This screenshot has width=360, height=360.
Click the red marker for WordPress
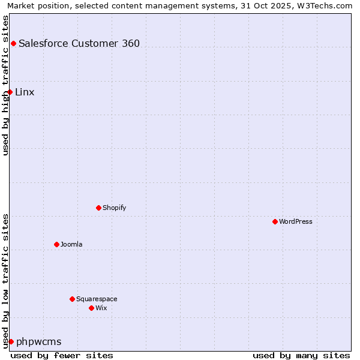(x=275, y=221)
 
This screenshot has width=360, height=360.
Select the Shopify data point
(x=98, y=208)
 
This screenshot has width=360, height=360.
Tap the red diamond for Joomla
(x=56, y=244)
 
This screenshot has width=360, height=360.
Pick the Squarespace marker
(x=72, y=299)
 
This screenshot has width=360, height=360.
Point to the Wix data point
(x=91, y=308)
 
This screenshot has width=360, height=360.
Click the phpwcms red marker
(x=11, y=341)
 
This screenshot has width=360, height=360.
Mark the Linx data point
(x=10, y=92)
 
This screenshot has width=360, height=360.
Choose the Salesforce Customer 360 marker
(x=13, y=43)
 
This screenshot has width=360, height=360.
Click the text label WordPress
(x=296, y=221)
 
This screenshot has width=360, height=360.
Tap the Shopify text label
(x=114, y=208)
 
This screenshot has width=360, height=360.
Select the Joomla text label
(x=71, y=244)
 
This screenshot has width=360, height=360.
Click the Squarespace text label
(x=97, y=299)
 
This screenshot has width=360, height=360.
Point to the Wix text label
(x=101, y=308)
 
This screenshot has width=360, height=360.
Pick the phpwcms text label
(x=39, y=341)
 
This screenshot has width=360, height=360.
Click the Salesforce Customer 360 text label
(x=79, y=43)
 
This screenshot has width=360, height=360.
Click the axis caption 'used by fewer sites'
(x=62, y=355)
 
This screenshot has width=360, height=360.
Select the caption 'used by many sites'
(x=301, y=355)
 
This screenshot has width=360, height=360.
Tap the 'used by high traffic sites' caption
(x=6, y=85)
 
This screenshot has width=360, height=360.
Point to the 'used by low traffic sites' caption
(x=6, y=280)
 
